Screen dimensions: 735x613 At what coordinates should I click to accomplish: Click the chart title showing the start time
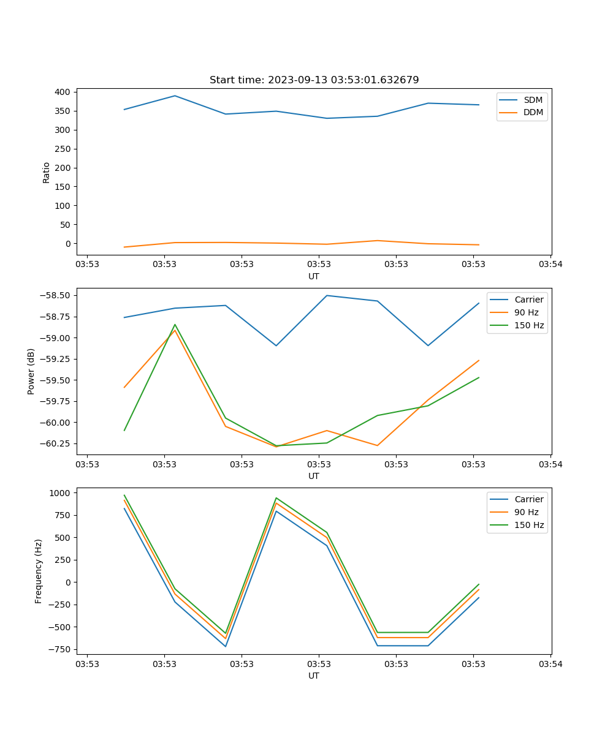pyautogui.click(x=314, y=80)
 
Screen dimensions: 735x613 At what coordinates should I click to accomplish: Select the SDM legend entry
pyautogui.click(x=533, y=100)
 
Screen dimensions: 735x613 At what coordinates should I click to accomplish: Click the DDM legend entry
pyautogui.click(x=533, y=112)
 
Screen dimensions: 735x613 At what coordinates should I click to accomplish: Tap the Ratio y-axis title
pyautogui.click(x=47, y=172)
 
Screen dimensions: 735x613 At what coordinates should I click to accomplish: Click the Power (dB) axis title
pyautogui.click(x=31, y=371)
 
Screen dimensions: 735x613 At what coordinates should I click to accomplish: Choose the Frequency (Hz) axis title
pyautogui.click(x=39, y=571)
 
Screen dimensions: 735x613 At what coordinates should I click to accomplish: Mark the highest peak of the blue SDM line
pyautogui.click(x=175, y=96)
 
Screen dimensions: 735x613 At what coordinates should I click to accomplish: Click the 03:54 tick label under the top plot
pyautogui.click(x=550, y=265)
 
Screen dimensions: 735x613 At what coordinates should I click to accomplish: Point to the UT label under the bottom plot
pyautogui.click(x=314, y=676)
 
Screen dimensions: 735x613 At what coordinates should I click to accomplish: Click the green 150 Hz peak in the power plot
pyautogui.click(x=175, y=325)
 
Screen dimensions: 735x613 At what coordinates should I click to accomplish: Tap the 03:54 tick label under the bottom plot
pyautogui.click(x=550, y=664)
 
